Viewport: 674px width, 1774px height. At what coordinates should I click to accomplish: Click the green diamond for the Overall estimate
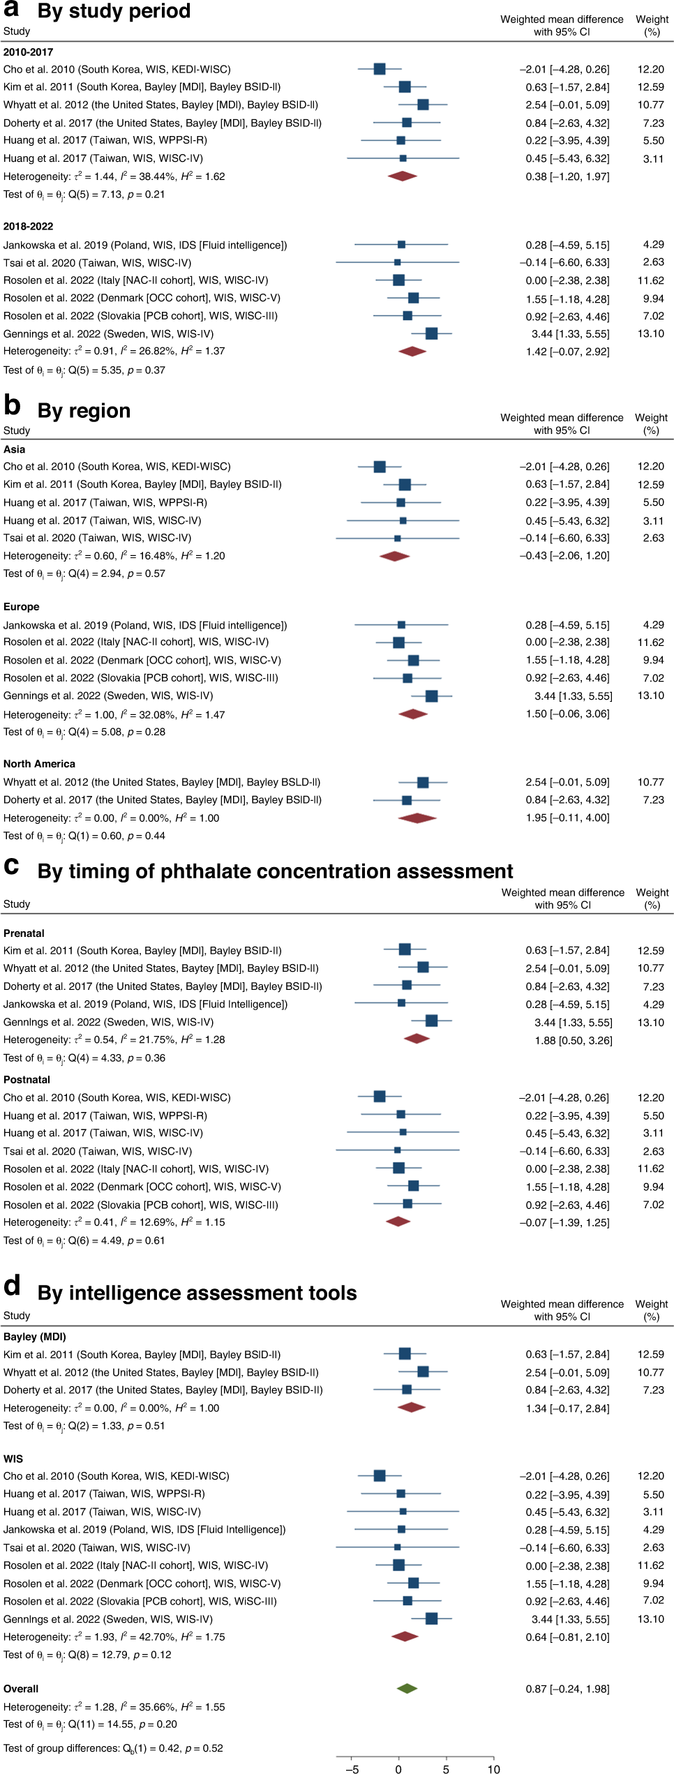pos(407,1688)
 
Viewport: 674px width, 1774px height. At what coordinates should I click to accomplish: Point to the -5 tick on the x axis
pos(353,1768)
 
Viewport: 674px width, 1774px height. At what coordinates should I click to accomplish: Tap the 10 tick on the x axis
pos(494,1768)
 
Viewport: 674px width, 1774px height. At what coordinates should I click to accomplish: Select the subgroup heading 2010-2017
pos(28,52)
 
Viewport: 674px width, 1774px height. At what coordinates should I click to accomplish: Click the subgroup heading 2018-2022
pos(28,226)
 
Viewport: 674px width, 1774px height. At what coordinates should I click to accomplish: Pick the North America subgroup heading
pos(39,764)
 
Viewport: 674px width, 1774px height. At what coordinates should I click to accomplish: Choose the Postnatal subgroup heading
pos(27,1080)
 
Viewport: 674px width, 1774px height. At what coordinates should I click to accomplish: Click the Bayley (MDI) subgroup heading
pos(35,1337)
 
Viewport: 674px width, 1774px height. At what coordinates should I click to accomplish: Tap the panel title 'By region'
pos(84,411)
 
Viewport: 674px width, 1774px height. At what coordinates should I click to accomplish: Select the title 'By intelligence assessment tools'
pos(197,1293)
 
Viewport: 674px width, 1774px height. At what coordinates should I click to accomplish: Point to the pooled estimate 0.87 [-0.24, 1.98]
pos(567,1689)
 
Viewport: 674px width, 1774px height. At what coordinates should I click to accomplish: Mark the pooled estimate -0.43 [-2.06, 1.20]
pos(564,556)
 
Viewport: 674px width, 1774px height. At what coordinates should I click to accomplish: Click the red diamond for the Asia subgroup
pos(394,556)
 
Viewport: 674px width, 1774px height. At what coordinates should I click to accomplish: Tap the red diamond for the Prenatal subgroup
pos(417,1039)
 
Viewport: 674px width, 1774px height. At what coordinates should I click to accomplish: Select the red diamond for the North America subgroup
pos(417,818)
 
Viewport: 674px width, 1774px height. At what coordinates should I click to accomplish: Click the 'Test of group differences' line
pos(113,1748)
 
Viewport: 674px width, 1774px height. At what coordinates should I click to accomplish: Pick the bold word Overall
pos(21,1689)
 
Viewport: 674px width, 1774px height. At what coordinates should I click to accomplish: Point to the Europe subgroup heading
pos(22,607)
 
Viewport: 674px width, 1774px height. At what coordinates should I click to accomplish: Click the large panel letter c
pos(11,866)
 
